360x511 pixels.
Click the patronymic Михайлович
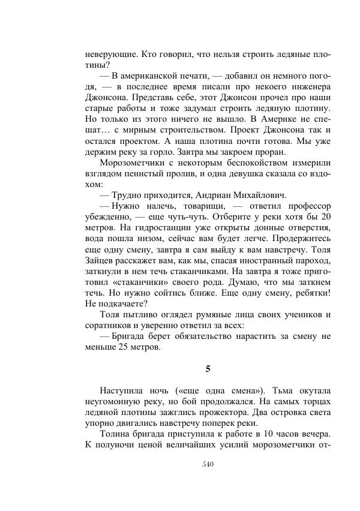coord(260,195)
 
